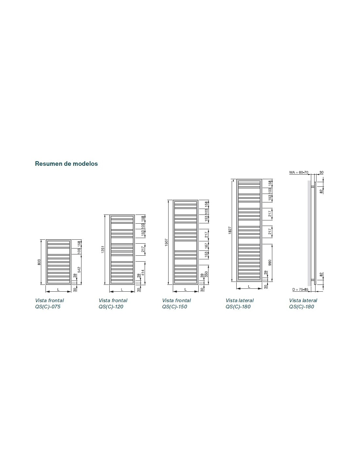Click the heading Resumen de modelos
66,164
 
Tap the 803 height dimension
39,262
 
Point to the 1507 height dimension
166,242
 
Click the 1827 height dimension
230,230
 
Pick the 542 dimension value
79,269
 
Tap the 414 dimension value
143,272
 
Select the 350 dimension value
206,274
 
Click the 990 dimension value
270,263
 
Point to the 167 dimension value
206,246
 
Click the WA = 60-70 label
298,172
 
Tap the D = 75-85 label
300,289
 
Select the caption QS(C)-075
48,307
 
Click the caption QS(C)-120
111,307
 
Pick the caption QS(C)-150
174,307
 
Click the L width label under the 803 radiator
58,289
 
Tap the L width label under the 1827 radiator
249,286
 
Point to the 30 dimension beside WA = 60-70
321,172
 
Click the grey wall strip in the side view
309,233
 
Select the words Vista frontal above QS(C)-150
176,300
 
